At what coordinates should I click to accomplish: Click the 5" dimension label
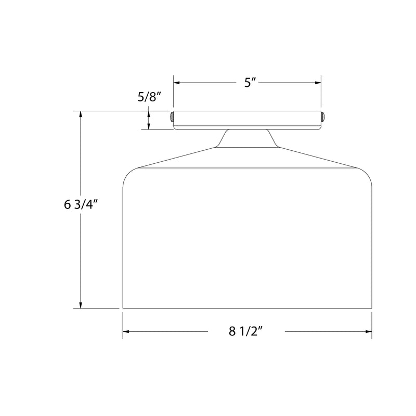point(250,83)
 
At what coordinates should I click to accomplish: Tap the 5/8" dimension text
point(149,97)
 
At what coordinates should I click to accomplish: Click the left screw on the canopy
point(172,117)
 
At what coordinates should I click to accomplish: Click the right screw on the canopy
point(323,117)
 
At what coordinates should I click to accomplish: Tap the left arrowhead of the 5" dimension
point(177,83)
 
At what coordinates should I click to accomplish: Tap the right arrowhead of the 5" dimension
point(318,83)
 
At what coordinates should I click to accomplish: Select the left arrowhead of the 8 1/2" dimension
point(126,331)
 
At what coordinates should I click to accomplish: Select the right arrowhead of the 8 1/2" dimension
point(369,331)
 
